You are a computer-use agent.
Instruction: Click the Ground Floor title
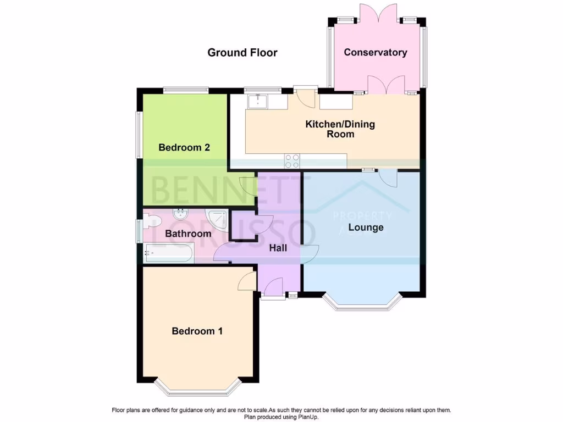(242, 53)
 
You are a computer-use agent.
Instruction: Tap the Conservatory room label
(376, 53)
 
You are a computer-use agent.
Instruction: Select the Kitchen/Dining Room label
(340, 129)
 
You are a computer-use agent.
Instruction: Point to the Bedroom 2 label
(184, 147)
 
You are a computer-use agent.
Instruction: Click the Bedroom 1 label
(197, 331)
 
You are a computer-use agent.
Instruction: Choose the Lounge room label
(366, 227)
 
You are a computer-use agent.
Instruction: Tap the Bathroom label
(188, 234)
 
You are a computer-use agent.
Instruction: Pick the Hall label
(278, 248)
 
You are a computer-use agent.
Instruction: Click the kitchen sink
(257, 102)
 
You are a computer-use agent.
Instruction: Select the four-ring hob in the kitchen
(292, 161)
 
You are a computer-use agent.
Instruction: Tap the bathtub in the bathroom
(168, 253)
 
